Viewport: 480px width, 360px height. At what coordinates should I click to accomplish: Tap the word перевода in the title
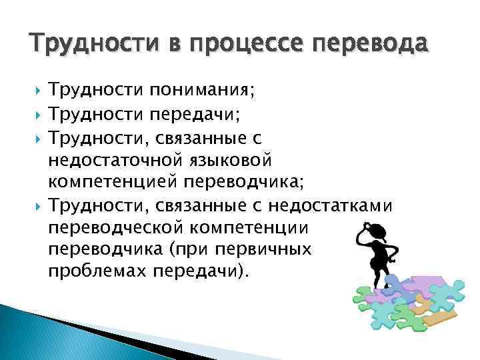[366, 45]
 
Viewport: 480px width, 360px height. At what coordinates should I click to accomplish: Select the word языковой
[231, 161]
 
